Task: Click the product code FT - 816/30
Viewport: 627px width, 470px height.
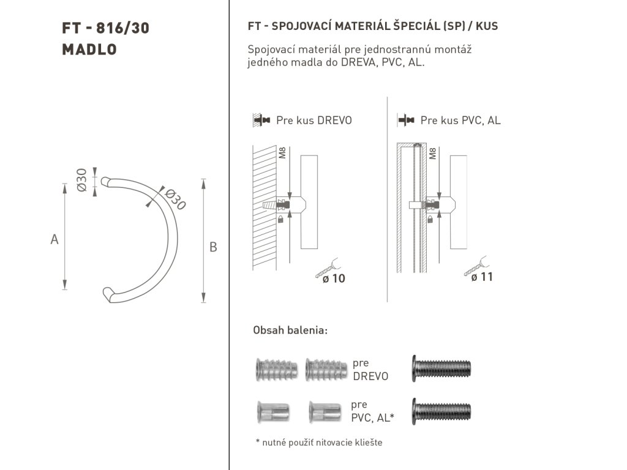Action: [x=105, y=28]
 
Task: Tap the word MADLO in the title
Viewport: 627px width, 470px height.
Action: [x=89, y=50]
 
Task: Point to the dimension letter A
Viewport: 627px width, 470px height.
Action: [x=54, y=239]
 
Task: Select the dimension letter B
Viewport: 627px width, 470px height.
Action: [x=213, y=247]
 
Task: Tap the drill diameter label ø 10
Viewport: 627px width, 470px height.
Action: [x=330, y=278]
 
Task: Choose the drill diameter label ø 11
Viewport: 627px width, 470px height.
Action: [x=482, y=277]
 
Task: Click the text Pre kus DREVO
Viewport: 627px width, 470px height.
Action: [x=314, y=121]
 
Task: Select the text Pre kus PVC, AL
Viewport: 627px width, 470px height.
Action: [x=460, y=121]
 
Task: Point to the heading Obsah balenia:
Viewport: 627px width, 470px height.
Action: [x=290, y=330]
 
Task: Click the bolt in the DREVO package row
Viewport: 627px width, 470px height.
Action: [x=443, y=368]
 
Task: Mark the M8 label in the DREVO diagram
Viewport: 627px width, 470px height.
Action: [x=282, y=153]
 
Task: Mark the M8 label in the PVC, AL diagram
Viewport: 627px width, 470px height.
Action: [x=433, y=153]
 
